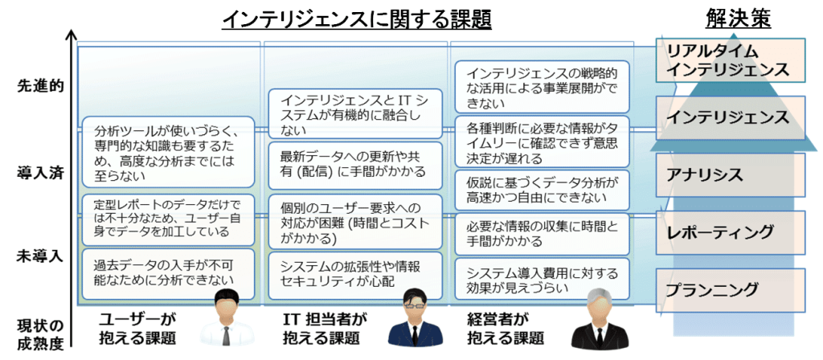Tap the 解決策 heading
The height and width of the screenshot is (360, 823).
pos(739,18)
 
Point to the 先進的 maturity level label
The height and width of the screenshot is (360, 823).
pos(40,85)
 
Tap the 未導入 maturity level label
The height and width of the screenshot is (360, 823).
pos(40,257)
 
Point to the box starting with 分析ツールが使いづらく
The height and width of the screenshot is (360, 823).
pos(168,153)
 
